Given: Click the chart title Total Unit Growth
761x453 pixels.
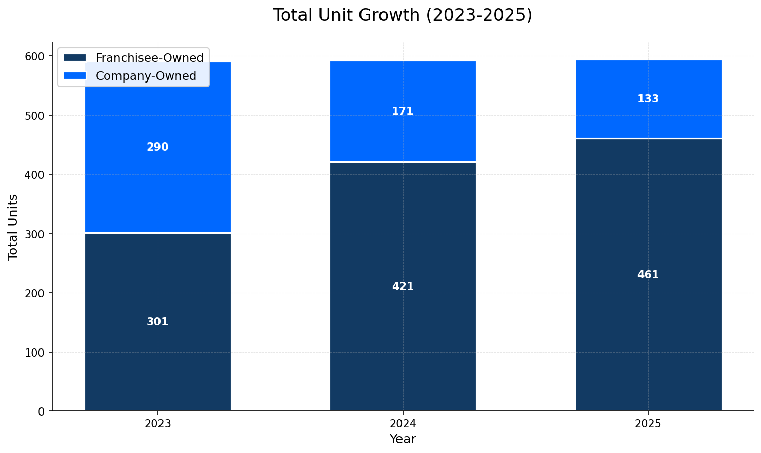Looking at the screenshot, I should pyautogui.click(x=403, y=15).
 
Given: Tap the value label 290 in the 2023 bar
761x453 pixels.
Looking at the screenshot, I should pyautogui.click(x=157, y=148).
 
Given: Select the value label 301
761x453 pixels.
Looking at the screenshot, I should pyautogui.click(x=157, y=322).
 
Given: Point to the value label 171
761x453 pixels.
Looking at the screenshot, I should pyautogui.click(x=403, y=112).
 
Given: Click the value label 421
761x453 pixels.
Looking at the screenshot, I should pyautogui.click(x=403, y=287).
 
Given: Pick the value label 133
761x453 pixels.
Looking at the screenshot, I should pyautogui.click(x=648, y=99).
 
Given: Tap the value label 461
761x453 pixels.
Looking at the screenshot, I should pyautogui.click(x=648, y=275).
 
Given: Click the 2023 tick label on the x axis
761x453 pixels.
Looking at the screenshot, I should pyautogui.click(x=157, y=424).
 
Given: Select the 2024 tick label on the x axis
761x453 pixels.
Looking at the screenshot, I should pyautogui.click(x=403, y=424).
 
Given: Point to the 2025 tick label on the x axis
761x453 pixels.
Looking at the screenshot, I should pyautogui.click(x=648, y=424).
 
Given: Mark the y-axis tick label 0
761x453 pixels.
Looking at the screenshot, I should pyautogui.click(x=43, y=411).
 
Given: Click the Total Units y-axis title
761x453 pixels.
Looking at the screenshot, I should pyautogui.click(x=13, y=227).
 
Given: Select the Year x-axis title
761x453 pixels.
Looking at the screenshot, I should pyautogui.click(x=403, y=439).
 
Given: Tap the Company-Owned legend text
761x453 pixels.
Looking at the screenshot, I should pyautogui.click(x=146, y=76).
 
